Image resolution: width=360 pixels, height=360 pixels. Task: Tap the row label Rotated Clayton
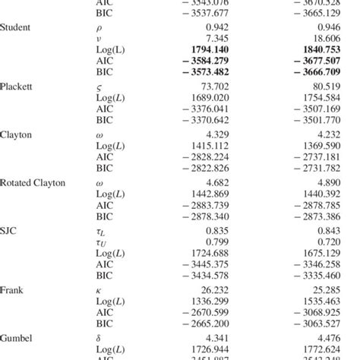click(x=33, y=184)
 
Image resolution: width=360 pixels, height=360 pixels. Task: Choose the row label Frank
click(x=13, y=289)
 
